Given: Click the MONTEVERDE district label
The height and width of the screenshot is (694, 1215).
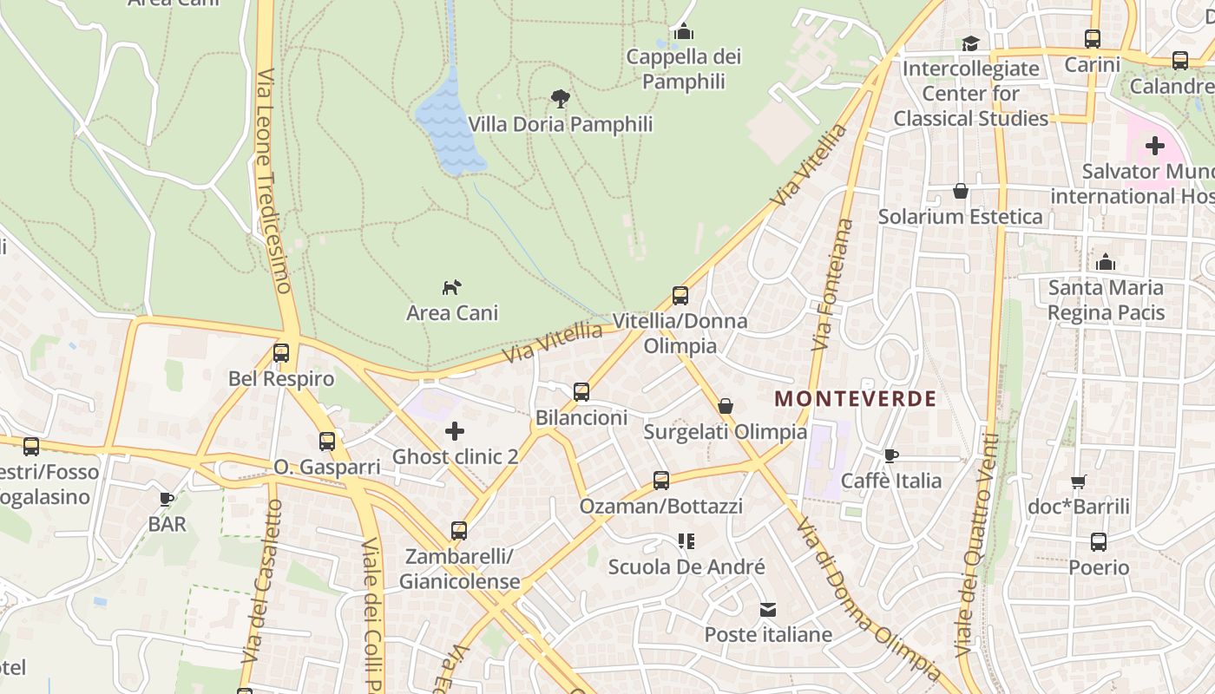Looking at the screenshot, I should [x=855, y=399].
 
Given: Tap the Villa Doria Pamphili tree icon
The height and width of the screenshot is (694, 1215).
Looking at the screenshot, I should [x=561, y=98].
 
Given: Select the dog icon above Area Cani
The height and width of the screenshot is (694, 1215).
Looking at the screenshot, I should [x=452, y=286].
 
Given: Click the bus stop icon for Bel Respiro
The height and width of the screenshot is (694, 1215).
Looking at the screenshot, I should [x=280, y=353].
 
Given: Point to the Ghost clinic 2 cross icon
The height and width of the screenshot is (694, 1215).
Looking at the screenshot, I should [x=455, y=430].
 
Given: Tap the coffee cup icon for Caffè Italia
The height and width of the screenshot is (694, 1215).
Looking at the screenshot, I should [x=891, y=455].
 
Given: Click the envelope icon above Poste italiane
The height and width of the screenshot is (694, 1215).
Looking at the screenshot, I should [x=768, y=609].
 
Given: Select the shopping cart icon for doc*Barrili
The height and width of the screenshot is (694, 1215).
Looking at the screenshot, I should [x=1078, y=481].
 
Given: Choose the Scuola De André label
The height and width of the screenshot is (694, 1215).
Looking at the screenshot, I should [x=686, y=567].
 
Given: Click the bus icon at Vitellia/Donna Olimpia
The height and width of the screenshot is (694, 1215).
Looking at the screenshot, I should [x=680, y=296].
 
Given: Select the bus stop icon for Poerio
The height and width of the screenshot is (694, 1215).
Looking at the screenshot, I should [x=1099, y=542].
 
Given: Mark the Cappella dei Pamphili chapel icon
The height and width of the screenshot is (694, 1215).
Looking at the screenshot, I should [x=684, y=32].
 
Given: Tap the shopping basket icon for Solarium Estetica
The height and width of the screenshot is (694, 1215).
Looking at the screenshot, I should [x=961, y=191].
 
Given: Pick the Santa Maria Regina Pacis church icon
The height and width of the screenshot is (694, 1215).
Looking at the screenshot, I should [x=1106, y=261].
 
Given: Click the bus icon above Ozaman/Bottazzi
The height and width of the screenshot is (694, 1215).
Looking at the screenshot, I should [x=661, y=480].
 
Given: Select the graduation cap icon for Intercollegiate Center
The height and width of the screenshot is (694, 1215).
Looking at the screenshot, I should [x=970, y=43].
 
